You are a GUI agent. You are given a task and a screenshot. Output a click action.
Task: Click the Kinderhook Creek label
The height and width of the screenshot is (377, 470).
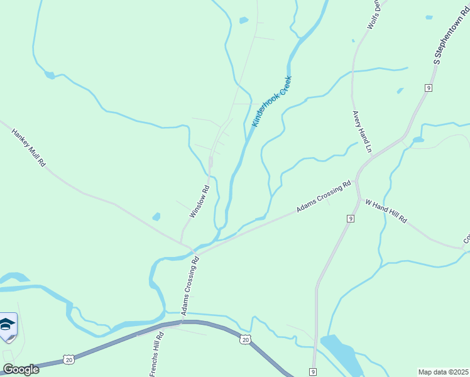click(x=273, y=101)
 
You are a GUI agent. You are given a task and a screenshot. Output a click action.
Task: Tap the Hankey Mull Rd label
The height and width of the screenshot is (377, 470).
click(x=29, y=147)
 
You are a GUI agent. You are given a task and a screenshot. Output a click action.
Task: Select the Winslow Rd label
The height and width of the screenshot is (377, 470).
click(x=199, y=201)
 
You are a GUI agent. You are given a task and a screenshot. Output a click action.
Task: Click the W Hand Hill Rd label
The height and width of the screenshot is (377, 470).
click(x=386, y=212)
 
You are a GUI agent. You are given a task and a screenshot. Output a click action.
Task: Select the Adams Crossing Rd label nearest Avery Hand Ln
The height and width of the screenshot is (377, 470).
click(x=324, y=197)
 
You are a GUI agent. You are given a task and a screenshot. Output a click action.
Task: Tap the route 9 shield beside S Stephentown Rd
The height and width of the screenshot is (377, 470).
click(x=428, y=87)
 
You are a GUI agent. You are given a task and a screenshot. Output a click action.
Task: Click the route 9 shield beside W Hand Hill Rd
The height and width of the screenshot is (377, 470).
click(x=351, y=218)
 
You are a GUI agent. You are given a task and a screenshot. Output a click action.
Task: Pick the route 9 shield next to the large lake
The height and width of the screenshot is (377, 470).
click(x=312, y=372)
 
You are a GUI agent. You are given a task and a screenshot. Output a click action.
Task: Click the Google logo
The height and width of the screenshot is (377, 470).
click(x=21, y=369)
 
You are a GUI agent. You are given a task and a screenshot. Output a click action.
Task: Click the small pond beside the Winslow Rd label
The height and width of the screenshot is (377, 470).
click(x=156, y=217)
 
